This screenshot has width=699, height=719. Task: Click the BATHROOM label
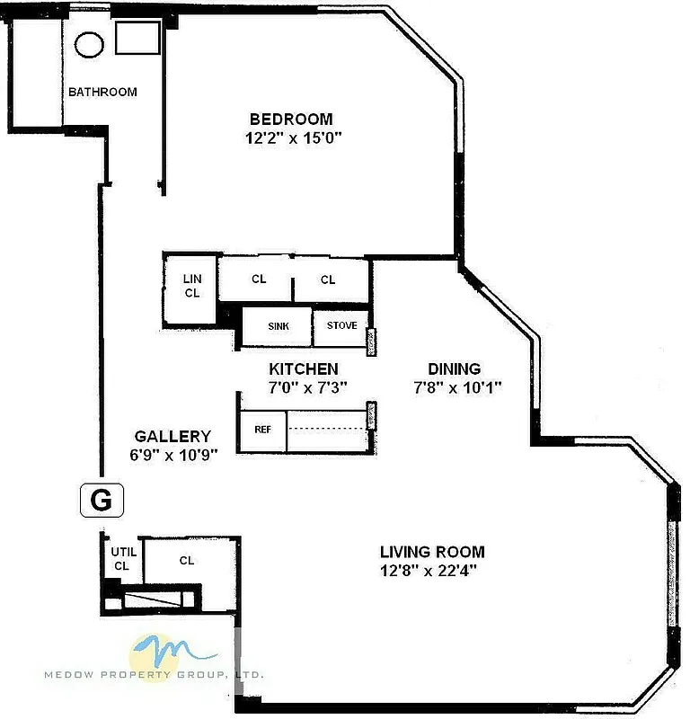(103, 92)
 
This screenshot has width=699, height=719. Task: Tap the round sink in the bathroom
(89, 45)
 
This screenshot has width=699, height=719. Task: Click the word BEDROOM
(291, 119)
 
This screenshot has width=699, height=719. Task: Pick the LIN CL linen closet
(191, 286)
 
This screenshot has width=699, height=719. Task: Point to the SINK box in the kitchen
(279, 325)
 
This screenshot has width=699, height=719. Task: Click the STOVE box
(341, 325)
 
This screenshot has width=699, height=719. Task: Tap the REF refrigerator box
(262, 429)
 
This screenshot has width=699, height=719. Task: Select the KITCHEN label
(304, 368)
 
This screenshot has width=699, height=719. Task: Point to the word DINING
(454, 368)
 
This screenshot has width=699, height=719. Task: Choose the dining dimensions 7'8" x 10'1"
(457, 387)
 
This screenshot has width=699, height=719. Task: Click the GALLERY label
(173, 436)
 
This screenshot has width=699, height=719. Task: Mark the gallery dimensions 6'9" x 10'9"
(173, 455)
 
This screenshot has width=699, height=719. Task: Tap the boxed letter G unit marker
(101, 500)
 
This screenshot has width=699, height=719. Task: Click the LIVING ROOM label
(432, 552)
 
